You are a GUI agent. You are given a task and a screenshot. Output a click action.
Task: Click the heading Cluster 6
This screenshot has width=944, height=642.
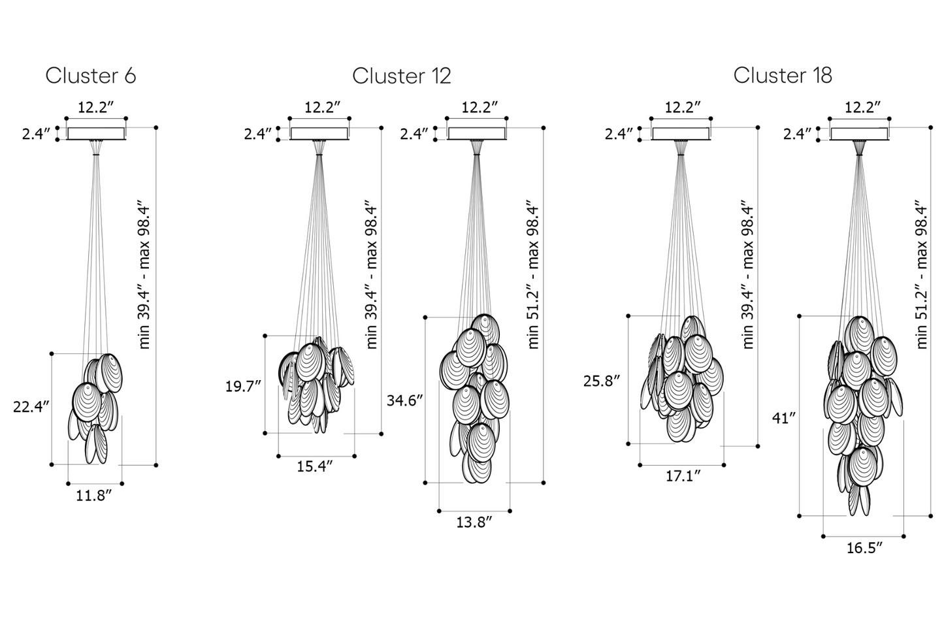(x=91, y=76)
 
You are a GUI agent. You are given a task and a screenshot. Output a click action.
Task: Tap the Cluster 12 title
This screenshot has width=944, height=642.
(x=402, y=76)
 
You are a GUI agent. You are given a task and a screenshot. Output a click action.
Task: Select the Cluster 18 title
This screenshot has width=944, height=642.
(x=783, y=75)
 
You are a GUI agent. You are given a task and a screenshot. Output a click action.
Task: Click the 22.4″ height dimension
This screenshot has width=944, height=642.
(x=31, y=407)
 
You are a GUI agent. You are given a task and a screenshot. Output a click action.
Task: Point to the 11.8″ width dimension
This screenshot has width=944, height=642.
(x=93, y=496)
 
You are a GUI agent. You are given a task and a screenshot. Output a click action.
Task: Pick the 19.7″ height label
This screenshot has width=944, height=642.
(x=243, y=386)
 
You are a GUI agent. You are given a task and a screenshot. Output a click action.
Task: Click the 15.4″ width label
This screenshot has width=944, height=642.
(x=315, y=466)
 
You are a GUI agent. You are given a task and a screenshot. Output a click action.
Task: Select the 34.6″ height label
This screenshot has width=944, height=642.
(x=404, y=400)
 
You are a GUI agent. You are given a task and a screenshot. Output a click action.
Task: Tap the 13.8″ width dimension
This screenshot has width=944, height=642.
(x=474, y=522)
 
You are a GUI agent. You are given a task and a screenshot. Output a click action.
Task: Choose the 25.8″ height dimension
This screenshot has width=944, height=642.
(x=602, y=381)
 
